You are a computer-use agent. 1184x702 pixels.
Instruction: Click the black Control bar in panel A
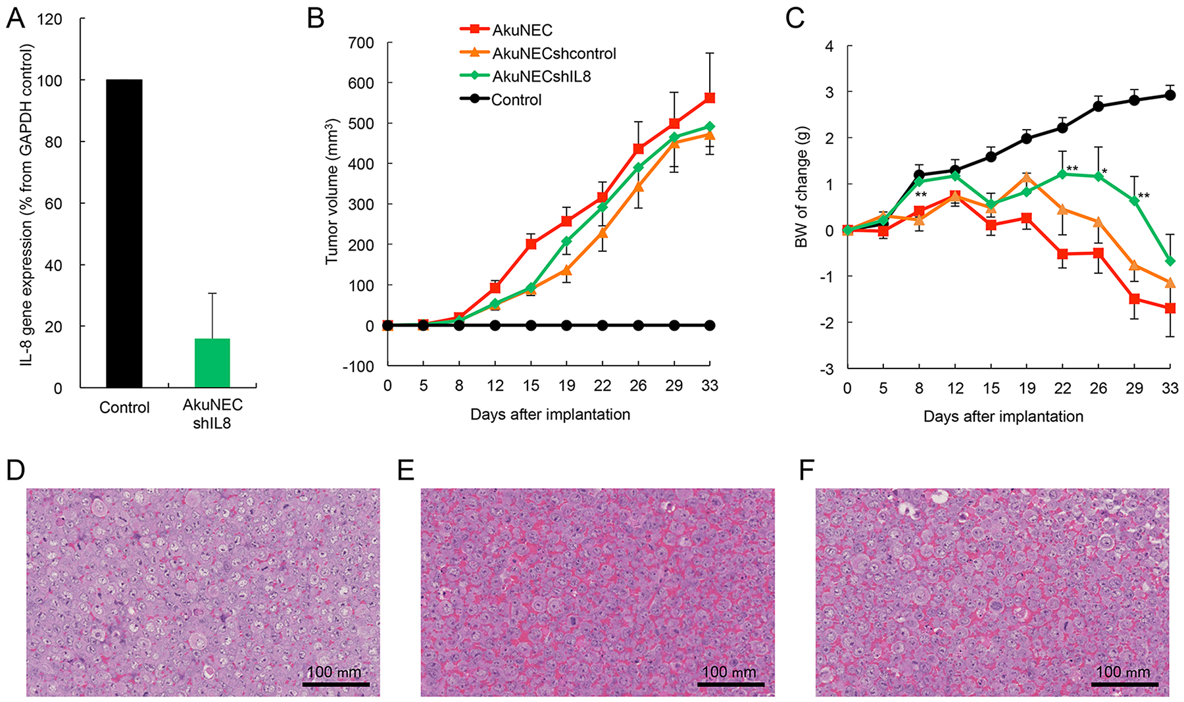point(124,234)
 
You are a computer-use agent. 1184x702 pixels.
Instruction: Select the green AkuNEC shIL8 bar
point(212,363)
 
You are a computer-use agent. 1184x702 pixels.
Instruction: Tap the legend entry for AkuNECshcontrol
point(554,53)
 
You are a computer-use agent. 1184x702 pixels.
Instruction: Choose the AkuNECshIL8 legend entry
point(541,76)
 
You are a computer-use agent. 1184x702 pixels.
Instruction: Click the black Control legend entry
point(516,100)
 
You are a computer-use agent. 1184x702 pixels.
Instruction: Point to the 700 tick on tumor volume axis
point(360,43)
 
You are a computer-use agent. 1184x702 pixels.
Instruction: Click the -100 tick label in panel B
point(358,366)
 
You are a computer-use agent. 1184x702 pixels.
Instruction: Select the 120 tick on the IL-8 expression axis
point(50,19)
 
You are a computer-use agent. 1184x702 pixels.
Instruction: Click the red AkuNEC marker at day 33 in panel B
point(710,98)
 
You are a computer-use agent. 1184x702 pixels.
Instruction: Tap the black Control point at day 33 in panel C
point(1170,95)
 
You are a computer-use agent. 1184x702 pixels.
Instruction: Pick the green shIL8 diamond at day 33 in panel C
point(1170,261)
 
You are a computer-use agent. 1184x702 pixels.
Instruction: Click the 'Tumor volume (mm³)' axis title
point(332,191)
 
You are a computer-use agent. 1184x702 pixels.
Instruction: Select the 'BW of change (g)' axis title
point(801,188)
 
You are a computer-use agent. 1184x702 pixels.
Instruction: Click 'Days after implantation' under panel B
point(550,414)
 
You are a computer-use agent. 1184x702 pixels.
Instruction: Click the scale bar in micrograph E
point(730,684)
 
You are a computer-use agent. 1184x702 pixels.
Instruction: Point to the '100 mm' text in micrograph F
point(1123,672)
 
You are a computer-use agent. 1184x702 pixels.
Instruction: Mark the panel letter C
point(795,18)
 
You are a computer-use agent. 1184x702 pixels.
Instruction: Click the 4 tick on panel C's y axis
point(829,47)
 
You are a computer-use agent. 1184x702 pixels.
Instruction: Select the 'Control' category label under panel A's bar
point(124,408)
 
